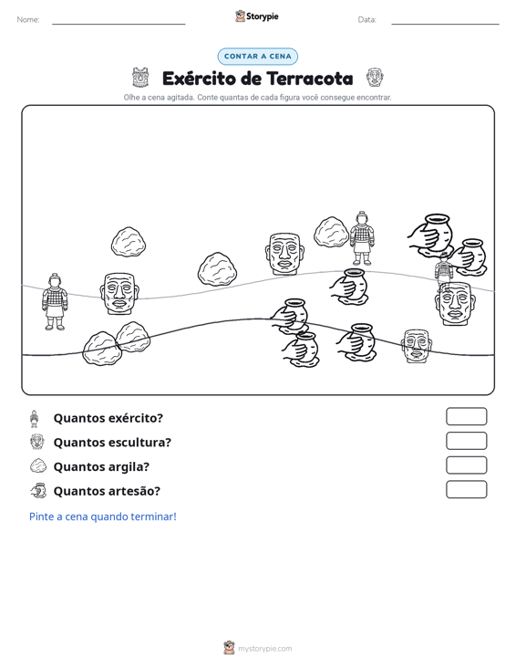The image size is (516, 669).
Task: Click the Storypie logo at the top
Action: click(x=257, y=16)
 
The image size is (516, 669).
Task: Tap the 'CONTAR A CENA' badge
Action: click(x=257, y=57)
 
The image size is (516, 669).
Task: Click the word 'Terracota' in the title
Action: click(x=310, y=78)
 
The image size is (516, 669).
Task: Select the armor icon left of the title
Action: click(x=140, y=78)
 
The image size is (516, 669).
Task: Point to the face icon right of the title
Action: click(x=375, y=78)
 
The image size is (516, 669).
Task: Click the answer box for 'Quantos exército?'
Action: click(x=466, y=416)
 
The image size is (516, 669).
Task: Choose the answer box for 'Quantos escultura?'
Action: click(x=466, y=441)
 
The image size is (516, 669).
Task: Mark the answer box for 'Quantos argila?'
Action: click(x=466, y=465)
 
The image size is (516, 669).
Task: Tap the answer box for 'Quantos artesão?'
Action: click(x=466, y=489)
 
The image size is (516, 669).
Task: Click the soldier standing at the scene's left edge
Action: click(x=55, y=302)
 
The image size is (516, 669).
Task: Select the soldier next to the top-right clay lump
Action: click(x=362, y=238)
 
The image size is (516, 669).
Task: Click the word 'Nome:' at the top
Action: click(x=28, y=20)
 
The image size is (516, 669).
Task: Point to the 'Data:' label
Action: click(x=366, y=20)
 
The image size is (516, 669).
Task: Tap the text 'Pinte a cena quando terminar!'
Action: click(x=103, y=517)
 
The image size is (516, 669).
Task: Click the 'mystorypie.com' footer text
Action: click(x=265, y=649)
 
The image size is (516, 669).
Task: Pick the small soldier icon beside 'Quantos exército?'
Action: click(x=35, y=419)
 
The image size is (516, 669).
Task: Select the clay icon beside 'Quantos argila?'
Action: click(x=38, y=465)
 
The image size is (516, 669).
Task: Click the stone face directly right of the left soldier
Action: click(x=119, y=294)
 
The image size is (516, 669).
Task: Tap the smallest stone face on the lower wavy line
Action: click(x=417, y=346)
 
